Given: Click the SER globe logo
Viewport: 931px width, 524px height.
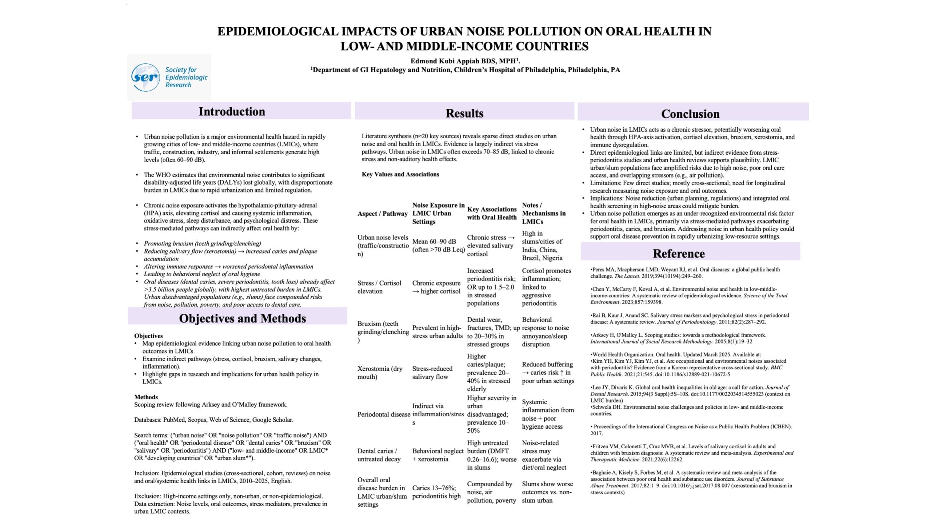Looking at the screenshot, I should pos(145,77).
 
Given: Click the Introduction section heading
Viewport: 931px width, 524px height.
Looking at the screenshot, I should pos(232,111).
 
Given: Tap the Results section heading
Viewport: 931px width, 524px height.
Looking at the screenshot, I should pos(464,113).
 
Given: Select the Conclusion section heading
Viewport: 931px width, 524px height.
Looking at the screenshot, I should pos(690,114).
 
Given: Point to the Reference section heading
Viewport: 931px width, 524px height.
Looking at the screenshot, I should pos(679,254).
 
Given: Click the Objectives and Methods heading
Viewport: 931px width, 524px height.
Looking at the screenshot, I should pos(242,318).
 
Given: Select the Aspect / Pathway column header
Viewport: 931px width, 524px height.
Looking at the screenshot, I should pos(382,214).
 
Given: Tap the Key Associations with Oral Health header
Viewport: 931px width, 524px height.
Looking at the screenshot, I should pos(492,213).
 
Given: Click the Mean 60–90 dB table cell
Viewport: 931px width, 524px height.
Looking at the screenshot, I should pos(438,246).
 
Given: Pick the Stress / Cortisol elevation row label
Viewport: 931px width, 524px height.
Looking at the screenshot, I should pos(379,287).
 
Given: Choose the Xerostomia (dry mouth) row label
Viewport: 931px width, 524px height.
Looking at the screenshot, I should pos(380,373).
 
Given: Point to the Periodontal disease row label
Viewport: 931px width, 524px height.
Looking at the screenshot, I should pos(383,414).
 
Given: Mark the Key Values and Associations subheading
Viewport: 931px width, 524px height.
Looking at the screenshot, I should pos(400,174).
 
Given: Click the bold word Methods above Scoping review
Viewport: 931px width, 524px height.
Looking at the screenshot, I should pos(146,397).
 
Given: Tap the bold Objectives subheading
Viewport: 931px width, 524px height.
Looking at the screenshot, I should pos(148,336).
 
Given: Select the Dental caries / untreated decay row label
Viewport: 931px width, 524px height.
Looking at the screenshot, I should pos(379,455).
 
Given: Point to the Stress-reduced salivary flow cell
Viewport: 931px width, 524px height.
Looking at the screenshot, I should pos(432,373).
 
